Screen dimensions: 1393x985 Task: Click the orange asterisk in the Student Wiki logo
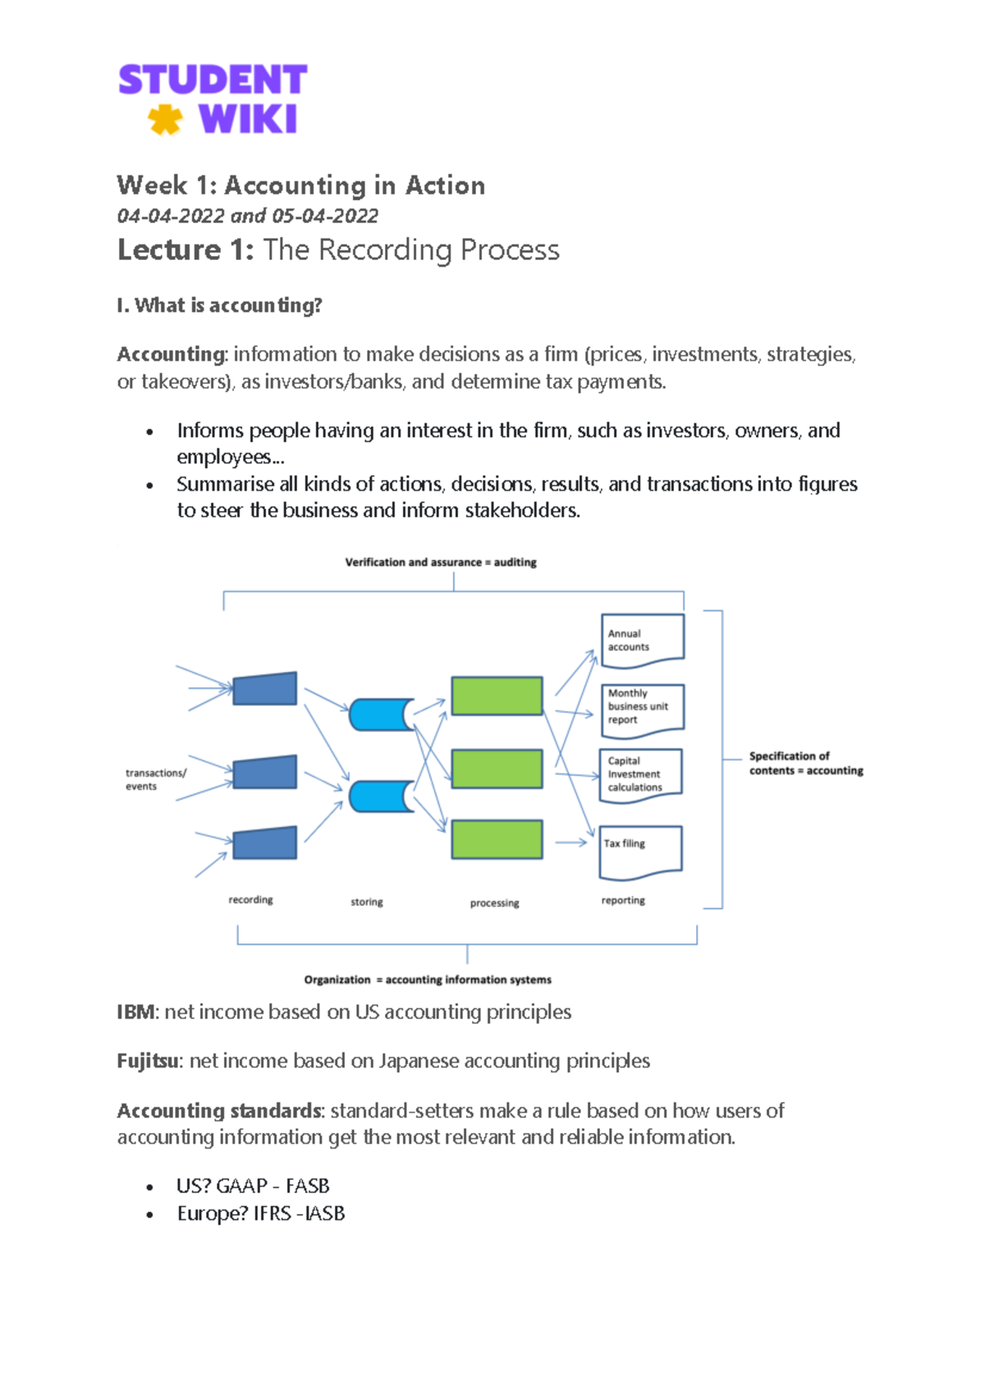(165, 120)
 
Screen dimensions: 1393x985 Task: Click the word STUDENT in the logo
(213, 80)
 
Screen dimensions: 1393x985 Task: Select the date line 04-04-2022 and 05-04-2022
(247, 216)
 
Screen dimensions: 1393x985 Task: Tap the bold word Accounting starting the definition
(171, 354)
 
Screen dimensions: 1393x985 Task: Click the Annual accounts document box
(642, 638)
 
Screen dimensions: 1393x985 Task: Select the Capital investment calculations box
(641, 774)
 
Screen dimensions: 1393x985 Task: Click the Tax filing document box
(641, 851)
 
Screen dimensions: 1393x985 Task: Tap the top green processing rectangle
(497, 696)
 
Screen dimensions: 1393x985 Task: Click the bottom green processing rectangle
(497, 839)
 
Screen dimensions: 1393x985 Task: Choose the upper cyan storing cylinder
(380, 715)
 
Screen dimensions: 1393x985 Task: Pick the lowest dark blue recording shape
(264, 843)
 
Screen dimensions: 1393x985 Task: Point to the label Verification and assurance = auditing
(441, 562)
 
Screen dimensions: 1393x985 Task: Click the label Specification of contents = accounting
(805, 763)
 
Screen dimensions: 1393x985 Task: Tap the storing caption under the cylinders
(366, 902)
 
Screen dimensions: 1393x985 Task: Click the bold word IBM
(135, 1012)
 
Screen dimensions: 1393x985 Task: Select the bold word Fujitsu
(147, 1062)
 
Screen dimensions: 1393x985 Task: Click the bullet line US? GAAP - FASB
(253, 1186)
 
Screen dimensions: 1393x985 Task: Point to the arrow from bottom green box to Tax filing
(570, 843)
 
